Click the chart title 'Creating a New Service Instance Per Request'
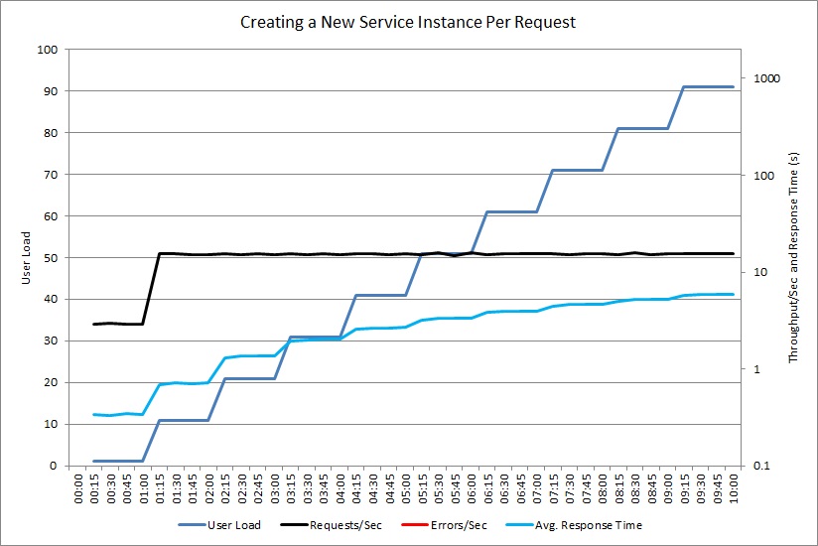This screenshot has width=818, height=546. [408, 21]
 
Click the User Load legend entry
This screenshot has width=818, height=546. [219, 525]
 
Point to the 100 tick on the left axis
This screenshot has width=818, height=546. [47, 49]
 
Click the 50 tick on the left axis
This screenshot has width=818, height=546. [50, 257]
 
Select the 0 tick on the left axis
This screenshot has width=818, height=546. [53, 466]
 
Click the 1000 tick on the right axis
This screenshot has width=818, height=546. [768, 78]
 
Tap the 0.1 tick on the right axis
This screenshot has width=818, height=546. [762, 466]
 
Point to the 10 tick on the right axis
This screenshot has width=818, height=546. [760, 272]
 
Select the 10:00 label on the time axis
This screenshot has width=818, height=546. [733, 486]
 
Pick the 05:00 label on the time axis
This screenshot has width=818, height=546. [406, 486]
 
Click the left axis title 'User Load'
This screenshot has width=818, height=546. [28, 258]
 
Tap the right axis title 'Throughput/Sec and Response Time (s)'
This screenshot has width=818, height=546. [794, 257]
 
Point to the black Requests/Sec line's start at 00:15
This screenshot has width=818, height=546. [94, 324]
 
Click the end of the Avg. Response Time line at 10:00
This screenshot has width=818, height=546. [733, 294]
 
